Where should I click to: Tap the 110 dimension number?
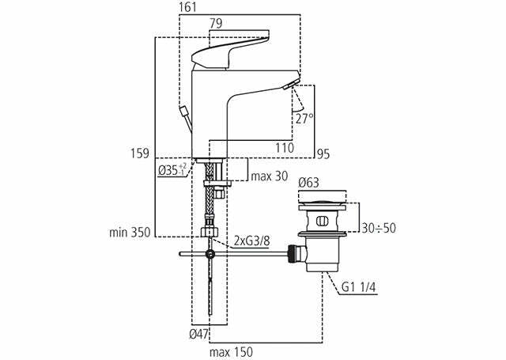(285, 147)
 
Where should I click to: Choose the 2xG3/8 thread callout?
(251, 241)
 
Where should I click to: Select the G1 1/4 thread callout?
(359, 287)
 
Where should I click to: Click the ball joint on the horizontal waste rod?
(210, 254)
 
